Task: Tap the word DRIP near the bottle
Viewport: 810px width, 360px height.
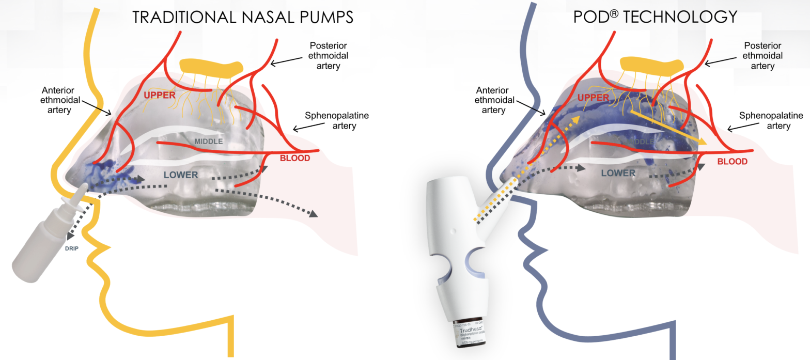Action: (72, 248)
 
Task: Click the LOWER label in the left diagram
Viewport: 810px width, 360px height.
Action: (181, 175)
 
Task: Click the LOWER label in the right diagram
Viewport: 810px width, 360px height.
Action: (618, 173)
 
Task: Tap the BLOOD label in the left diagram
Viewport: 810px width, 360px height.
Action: (295, 158)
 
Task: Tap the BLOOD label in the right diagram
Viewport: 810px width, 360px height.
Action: (733, 161)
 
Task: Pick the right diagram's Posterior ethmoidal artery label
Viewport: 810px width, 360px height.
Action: (761, 55)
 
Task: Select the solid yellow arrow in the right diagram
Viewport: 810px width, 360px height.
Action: (667, 127)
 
